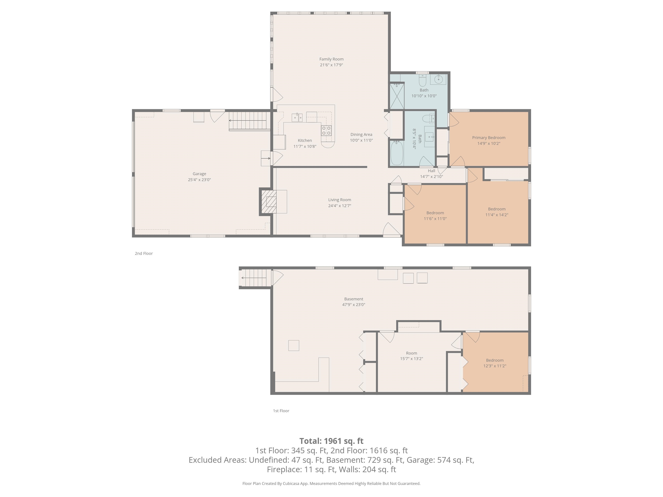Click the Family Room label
click(x=331, y=59)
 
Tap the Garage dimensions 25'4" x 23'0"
click(x=199, y=180)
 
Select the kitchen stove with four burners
click(x=326, y=131)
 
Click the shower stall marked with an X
click(x=396, y=96)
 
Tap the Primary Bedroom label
click(x=489, y=137)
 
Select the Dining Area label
click(x=361, y=135)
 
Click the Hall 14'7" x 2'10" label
click(x=431, y=173)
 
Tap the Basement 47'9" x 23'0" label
click(x=354, y=302)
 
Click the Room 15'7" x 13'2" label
click(x=411, y=355)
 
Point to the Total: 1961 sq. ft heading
click(x=331, y=441)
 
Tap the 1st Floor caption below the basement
click(x=281, y=411)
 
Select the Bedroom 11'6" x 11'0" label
click(x=435, y=216)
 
